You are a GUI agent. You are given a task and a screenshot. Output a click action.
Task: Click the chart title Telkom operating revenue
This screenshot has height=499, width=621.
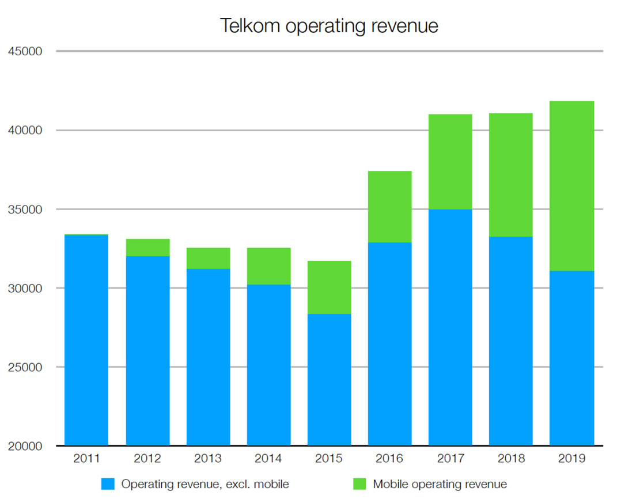point(329,26)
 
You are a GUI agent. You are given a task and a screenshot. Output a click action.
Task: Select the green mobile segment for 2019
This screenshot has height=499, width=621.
point(571,186)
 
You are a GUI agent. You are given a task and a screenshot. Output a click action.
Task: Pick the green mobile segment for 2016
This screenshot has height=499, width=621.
point(389,207)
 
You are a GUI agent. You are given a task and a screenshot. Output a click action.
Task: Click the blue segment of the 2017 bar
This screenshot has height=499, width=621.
point(450,327)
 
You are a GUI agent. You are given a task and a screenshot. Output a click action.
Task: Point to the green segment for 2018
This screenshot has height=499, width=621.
point(510,175)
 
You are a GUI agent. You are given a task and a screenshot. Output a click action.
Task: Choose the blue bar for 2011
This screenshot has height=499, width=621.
point(86,340)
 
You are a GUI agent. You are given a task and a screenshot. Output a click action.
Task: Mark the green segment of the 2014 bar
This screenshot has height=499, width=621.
point(268,266)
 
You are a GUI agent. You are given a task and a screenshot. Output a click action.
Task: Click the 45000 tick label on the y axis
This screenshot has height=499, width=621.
point(25,52)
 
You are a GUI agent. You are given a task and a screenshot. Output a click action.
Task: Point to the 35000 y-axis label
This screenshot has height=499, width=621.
point(25,209)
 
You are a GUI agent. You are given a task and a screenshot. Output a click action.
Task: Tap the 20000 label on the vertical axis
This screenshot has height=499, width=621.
point(25,446)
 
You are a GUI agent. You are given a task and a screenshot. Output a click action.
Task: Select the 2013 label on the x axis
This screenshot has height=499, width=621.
point(208,459)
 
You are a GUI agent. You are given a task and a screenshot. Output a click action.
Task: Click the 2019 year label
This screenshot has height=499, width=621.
point(571,459)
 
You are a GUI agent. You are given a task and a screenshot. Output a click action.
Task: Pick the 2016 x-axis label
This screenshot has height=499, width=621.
point(389,459)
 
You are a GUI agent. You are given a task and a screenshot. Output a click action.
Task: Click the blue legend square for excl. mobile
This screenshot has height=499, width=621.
point(108,484)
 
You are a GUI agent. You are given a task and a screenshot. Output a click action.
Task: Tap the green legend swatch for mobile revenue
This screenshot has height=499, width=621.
point(359,484)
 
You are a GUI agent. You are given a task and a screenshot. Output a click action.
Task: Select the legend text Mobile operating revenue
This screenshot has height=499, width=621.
point(440,484)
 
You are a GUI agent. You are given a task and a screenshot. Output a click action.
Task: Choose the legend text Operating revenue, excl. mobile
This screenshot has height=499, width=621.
point(205,484)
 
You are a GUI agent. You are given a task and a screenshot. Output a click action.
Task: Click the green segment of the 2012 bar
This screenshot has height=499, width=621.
point(147,247)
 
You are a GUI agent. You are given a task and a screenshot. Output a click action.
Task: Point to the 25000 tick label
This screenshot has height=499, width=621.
point(25,367)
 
